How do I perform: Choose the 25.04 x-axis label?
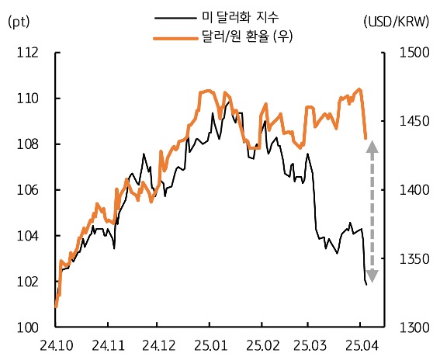click(360, 344)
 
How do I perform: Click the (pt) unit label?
click(19, 22)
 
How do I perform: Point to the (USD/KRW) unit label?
click(397, 22)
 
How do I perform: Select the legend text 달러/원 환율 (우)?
click(246, 36)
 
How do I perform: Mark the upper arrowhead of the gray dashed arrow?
click(372, 146)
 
